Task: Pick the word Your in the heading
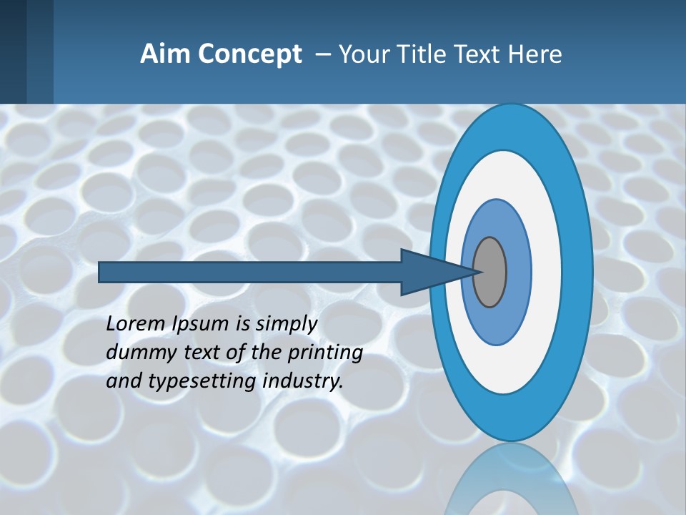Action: coord(362,54)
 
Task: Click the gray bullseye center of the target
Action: coord(489,272)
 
